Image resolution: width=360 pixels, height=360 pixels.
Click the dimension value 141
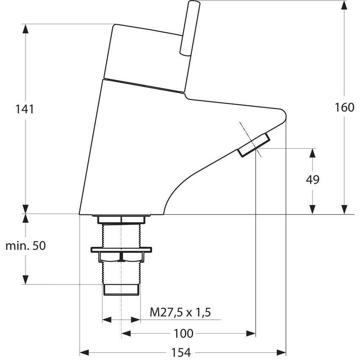(25, 109)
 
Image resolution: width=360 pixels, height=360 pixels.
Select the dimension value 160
(344, 108)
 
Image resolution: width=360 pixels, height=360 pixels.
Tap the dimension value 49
(313, 180)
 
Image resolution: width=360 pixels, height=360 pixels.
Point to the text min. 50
(25, 246)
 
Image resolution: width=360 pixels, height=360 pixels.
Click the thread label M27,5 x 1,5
(180, 313)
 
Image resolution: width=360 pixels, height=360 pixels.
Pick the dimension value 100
(183, 334)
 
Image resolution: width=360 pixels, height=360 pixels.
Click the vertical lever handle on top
(186, 27)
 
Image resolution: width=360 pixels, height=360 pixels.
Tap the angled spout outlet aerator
(253, 145)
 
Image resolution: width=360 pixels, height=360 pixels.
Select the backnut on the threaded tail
(121, 256)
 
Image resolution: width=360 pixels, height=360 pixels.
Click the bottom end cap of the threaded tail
(121, 289)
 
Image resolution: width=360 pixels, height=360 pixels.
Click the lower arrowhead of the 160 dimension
(345, 209)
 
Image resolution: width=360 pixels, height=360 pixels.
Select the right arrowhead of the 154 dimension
(281, 352)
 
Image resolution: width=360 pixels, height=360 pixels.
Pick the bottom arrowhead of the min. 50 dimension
(26, 279)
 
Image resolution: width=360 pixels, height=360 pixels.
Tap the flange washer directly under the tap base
(121, 219)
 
